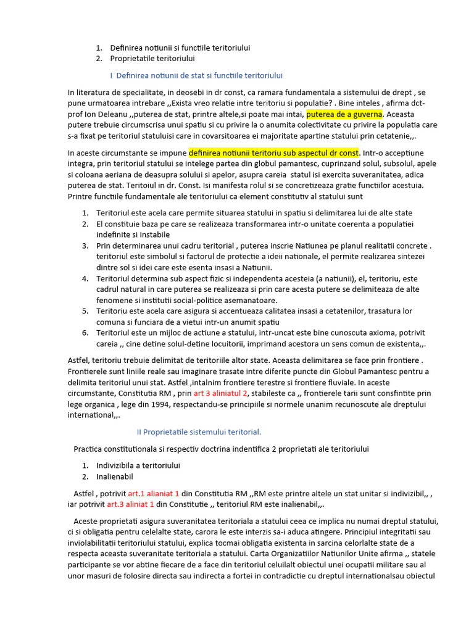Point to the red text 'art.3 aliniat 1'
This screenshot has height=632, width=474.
[x=130, y=504]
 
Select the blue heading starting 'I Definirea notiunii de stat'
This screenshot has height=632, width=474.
[x=196, y=75]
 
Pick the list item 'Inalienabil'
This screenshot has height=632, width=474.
[x=114, y=476]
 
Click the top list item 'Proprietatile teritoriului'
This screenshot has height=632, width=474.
[x=152, y=59]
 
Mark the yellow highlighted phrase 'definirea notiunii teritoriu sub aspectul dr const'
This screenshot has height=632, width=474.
[x=273, y=152]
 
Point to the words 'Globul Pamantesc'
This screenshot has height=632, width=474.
[x=341, y=370]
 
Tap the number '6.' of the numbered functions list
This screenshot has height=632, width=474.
[x=85, y=333]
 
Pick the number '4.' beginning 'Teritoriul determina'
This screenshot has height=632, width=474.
[x=85, y=278]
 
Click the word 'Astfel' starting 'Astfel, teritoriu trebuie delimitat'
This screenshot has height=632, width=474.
[x=79, y=359]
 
